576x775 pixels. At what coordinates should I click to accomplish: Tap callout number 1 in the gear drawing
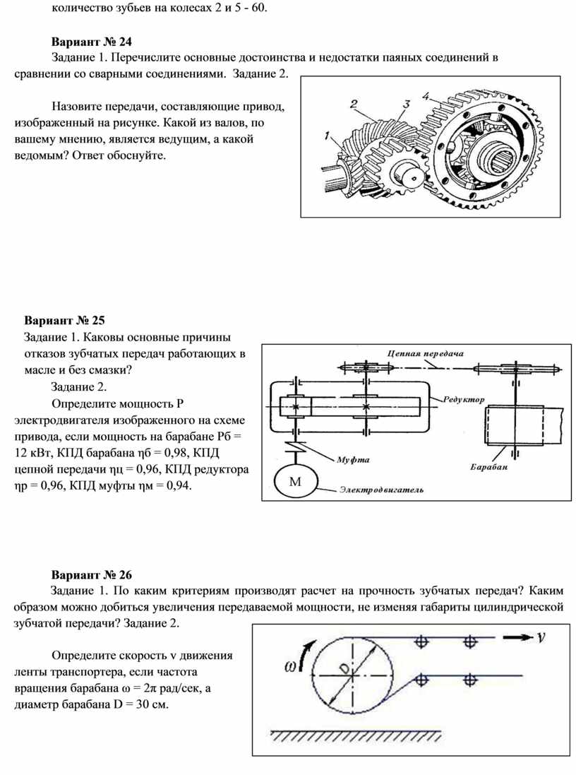point(326,134)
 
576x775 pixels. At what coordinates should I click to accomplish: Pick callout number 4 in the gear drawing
point(426,95)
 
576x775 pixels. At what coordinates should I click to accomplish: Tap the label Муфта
point(353,459)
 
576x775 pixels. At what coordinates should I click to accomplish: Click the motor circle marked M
point(296,483)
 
